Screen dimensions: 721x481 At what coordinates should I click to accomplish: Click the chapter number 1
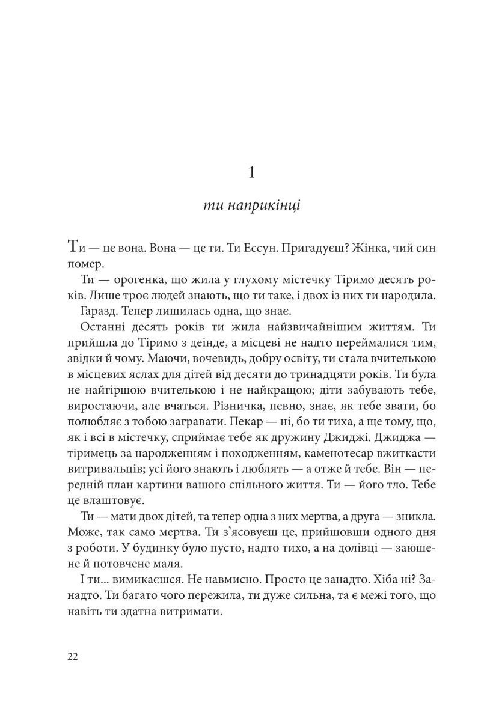click(252, 174)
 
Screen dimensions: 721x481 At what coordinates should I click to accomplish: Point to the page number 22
click(73, 656)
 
